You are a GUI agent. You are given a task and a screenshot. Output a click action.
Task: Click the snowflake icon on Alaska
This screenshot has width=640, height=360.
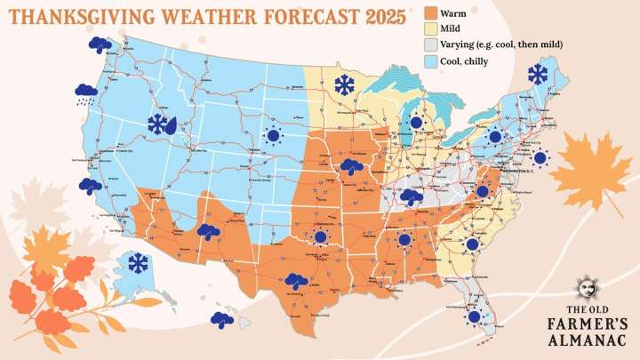tap(137, 263)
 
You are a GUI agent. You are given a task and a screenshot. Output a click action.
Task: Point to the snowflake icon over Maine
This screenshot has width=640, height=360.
tap(538, 74)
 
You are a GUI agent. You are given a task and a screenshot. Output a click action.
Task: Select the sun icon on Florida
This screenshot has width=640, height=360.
tap(475, 316)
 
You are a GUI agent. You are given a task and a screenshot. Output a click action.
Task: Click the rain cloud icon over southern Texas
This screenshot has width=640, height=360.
tap(296, 281)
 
